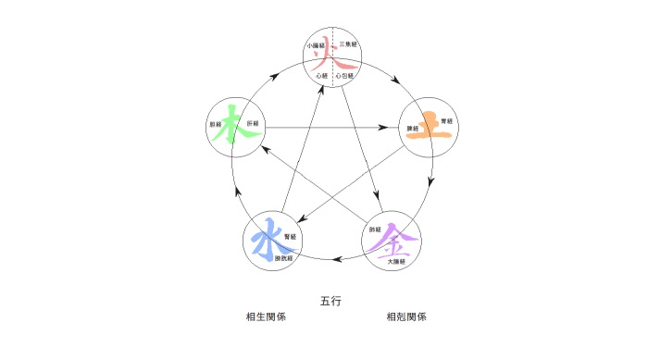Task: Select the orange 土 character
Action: pos(431,125)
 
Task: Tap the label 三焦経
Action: pos(348,44)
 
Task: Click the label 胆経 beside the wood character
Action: pos(216,123)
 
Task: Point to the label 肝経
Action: pos(253,123)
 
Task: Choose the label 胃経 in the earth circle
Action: pos(447,120)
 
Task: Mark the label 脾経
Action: pos(413,128)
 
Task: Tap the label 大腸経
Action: pos(397,263)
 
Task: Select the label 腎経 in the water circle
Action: pos(290,237)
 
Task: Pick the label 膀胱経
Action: pos(283,258)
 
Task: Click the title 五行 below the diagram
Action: pos(331,301)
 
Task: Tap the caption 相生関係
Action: pos(265,317)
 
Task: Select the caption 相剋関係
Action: pos(405,317)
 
